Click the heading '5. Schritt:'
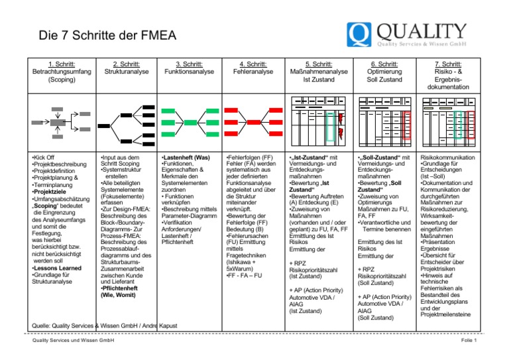coord(311,64)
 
